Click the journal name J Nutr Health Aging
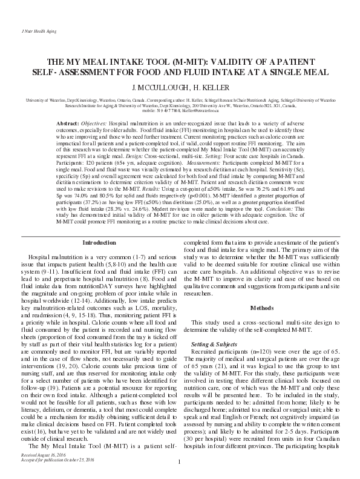tap(27, 28)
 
